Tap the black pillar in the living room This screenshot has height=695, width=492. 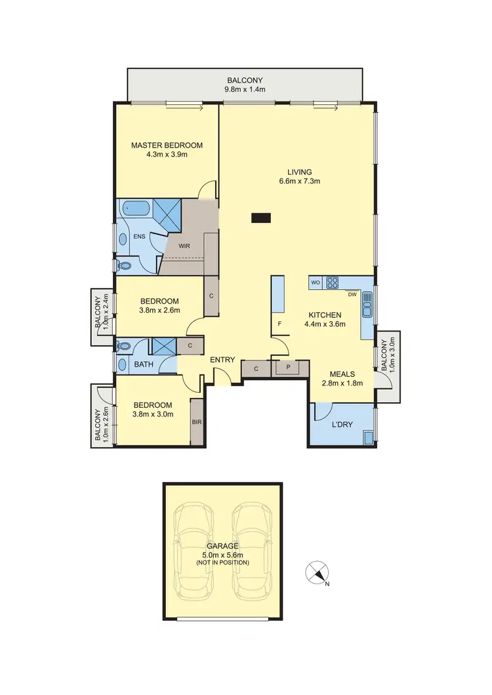point(261,218)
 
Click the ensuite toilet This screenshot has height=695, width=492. point(123,266)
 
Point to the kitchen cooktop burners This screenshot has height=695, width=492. point(333,283)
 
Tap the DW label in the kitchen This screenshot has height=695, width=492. point(352,294)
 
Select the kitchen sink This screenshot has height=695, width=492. point(367,306)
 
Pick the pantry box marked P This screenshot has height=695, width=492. point(287,368)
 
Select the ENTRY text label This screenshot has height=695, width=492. point(222,359)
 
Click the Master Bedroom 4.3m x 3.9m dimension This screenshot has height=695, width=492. point(167,155)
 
